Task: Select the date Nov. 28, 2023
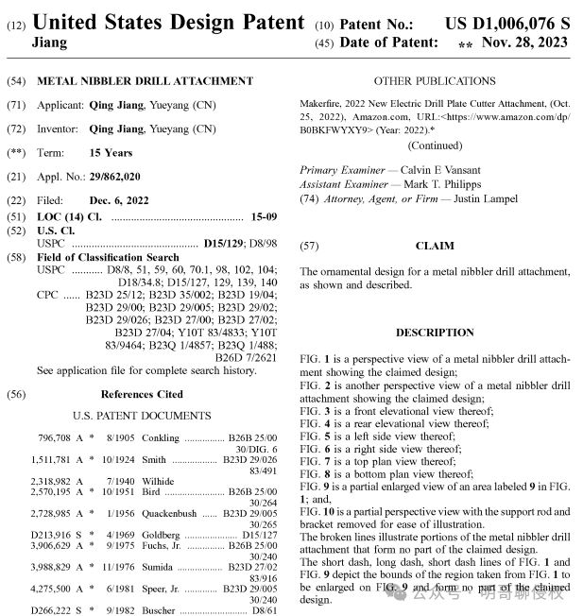[x=524, y=42]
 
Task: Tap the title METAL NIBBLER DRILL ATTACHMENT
[x=145, y=81]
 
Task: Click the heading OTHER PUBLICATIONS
[x=434, y=81]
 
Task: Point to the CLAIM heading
[x=434, y=246]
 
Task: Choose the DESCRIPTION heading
[x=434, y=333]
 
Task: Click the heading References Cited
[x=142, y=394]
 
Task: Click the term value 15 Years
[x=111, y=152]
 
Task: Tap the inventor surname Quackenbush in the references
[x=169, y=513]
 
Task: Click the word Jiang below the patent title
[x=51, y=43]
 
